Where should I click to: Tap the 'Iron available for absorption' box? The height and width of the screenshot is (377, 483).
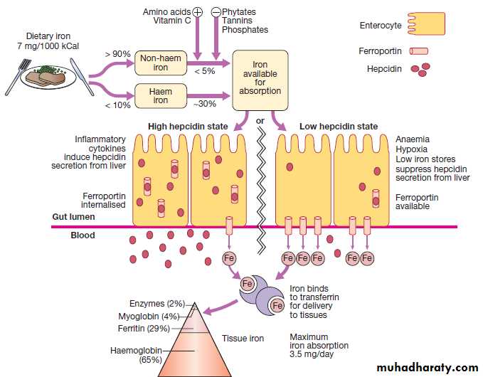tap(261, 78)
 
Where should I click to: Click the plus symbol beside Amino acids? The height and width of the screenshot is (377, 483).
tap(198, 12)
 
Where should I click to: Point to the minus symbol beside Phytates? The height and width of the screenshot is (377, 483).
tap(217, 12)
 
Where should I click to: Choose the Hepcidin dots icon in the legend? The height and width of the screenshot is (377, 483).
tap(419, 69)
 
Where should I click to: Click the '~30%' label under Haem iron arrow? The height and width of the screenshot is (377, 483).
tap(206, 105)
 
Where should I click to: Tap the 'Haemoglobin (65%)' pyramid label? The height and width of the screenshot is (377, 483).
tap(136, 355)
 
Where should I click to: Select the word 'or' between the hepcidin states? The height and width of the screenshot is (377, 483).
tap(260, 121)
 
